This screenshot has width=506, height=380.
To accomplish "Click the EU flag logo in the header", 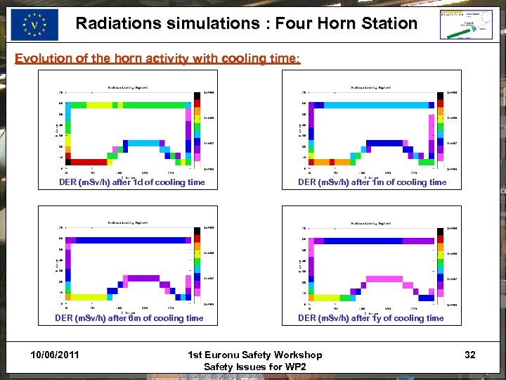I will [34, 25].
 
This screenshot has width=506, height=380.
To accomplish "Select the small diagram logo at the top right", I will [465, 24].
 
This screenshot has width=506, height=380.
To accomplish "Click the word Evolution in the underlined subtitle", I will [44, 58].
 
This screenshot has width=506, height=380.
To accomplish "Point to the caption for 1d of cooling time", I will [132, 182].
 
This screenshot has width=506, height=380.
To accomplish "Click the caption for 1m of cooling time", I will [372, 182].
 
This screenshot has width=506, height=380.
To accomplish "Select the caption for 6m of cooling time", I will [129, 318].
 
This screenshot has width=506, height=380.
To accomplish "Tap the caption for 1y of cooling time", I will [370, 318].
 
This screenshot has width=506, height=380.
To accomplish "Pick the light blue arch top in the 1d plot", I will [144, 143].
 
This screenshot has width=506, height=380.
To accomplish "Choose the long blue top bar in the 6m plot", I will [126, 241].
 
